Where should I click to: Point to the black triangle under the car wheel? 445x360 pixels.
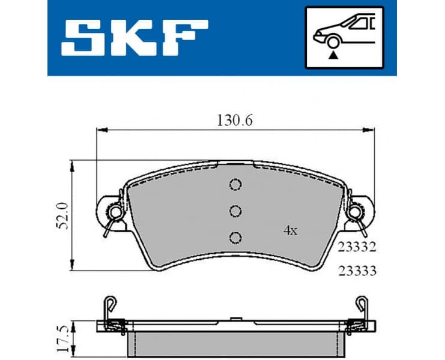tap(331, 55)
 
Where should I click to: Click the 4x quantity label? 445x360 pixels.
tap(290, 230)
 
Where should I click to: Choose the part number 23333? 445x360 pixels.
tap(356, 271)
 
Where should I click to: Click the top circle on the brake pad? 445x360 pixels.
tap(235, 185)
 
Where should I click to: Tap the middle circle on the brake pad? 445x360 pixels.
tap(235, 211)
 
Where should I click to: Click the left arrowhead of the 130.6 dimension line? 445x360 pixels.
tap(100, 129)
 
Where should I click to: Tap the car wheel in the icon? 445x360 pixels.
tap(331, 43)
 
